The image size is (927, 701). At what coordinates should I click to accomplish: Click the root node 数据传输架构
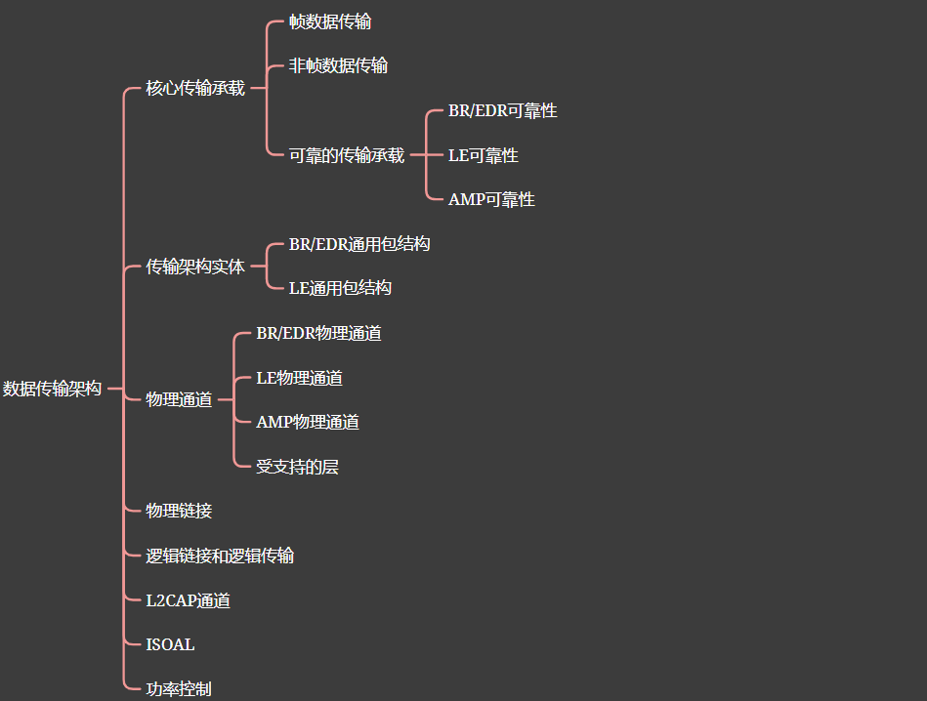tap(52, 389)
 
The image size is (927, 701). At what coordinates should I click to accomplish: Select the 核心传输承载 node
tap(195, 88)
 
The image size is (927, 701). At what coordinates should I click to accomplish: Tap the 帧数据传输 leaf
tap(330, 21)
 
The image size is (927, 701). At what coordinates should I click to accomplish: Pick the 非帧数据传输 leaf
tap(338, 65)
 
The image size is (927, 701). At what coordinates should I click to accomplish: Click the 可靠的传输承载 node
tap(347, 154)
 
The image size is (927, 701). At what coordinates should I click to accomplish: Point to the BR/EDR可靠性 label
tap(503, 110)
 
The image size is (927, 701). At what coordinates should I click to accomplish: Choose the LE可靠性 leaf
tap(484, 155)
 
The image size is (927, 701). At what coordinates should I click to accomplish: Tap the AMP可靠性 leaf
tap(491, 199)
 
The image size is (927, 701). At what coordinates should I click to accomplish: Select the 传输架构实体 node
tap(195, 266)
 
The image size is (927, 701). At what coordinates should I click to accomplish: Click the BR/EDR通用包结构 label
tap(359, 244)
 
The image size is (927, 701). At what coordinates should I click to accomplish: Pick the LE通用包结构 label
tap(340, 288)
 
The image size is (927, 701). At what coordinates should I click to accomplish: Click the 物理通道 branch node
tap(179, 399)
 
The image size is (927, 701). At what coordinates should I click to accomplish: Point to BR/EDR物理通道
tap(318, 333)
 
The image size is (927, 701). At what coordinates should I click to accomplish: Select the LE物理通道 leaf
tap(299, 378)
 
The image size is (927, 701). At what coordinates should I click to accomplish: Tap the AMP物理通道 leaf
tap(308, 422)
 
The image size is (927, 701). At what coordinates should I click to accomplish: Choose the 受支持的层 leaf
tap(297, 467)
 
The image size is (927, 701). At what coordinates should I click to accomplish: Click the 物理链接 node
tap(179, 511)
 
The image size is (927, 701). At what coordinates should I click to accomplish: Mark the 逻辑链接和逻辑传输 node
tap(220, 556)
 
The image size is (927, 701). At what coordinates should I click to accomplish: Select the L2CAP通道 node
tap(189, 600)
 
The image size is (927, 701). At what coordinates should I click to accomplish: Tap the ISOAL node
tap(170, 644)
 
